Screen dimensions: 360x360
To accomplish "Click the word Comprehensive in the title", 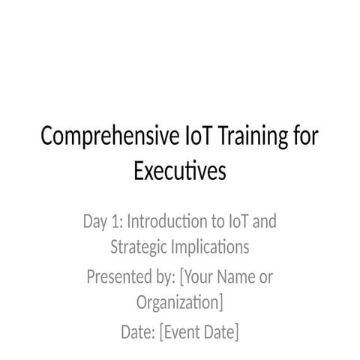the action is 110,136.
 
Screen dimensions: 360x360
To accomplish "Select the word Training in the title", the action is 253,136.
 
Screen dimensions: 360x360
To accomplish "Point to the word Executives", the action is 180,170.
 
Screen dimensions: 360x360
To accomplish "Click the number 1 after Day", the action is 115,221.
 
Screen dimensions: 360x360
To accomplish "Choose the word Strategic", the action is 138,247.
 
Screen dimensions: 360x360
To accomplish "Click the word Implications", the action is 210,247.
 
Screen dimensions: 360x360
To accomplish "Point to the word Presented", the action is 119,277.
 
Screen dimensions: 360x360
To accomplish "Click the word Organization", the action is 178,302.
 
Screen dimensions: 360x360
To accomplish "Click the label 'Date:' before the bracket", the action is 138,332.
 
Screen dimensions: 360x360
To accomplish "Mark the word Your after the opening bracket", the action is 198,277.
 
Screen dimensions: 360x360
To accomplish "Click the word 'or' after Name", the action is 266,278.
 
